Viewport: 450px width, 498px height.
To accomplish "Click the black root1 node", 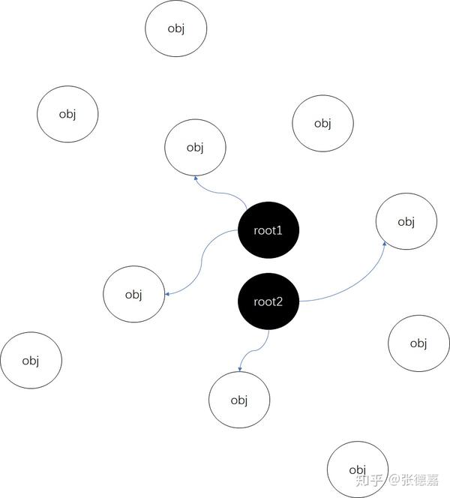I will (268, 231).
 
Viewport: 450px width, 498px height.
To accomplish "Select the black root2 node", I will (268, 302).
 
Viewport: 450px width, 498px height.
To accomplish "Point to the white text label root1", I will (268, 231).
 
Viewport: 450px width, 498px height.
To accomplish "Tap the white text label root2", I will (268, 302).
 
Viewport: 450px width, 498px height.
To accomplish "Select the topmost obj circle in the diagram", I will (175, 28).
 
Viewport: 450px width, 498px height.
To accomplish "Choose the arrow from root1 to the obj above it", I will (221, 192).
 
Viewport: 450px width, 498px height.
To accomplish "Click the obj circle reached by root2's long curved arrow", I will (406, 222).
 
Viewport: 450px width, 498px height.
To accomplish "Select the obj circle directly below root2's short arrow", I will (239, 400).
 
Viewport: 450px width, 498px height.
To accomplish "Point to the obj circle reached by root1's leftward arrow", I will (133, 294).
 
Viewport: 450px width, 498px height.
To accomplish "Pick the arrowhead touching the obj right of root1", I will (384, 243).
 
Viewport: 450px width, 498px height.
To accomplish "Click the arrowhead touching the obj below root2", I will (240, 369).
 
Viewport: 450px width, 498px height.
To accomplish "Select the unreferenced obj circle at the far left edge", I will (31, 361).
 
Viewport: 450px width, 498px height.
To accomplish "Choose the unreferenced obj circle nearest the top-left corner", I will (67, 114).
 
